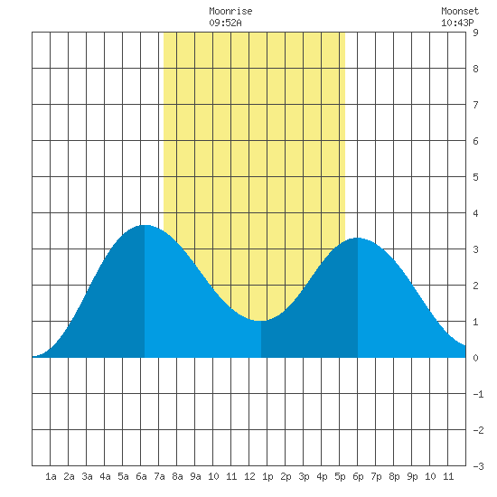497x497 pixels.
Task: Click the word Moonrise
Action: point(230,11)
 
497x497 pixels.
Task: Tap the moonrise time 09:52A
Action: point(225,23)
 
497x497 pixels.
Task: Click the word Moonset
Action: point(460,11)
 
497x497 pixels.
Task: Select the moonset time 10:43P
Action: point(457,23)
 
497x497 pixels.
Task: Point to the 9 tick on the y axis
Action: point(475,33)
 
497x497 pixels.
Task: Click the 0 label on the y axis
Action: point(475,358)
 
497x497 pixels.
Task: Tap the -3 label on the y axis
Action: point(478,466)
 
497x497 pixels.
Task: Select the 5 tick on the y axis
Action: point(475,177)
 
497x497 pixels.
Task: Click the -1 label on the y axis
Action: point(478,394)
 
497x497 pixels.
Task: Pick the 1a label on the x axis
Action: point(51,476)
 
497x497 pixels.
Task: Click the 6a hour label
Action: point(141,476)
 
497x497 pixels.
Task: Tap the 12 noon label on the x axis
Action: point(249,476)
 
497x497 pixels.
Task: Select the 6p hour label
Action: point(358,476)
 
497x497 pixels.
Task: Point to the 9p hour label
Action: point(412,476)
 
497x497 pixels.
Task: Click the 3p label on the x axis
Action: point(304,476)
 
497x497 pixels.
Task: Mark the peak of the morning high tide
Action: point(145,225)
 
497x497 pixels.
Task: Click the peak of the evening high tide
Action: point(358,238)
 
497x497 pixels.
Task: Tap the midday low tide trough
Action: point(261,321)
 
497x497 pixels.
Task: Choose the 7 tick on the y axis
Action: point(475,105)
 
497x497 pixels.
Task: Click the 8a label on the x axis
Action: point(177,476)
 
